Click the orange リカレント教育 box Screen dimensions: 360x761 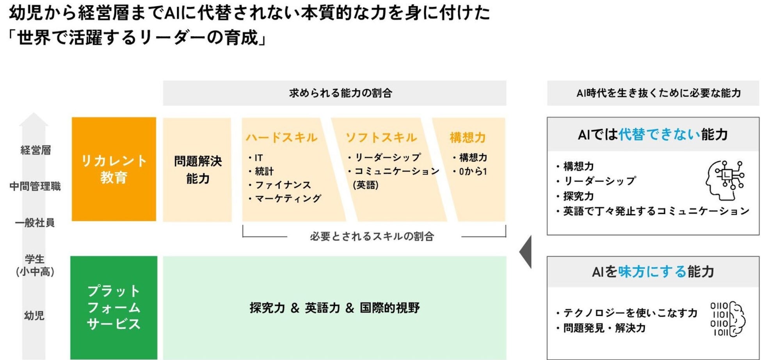tap(114, 169)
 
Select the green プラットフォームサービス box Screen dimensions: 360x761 tap(114, 307)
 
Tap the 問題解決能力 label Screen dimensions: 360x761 tap(197, 170)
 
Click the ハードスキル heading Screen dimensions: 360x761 tap(281, 137)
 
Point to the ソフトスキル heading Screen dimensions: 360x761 tap(381, 137)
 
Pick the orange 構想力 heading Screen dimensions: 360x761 tap(468, 137)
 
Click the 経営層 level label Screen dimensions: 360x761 tap(36, 150)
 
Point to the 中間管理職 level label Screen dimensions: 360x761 tap(35, 186)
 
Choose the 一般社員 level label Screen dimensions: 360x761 tap(35, 223)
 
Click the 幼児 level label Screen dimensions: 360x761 tap(34, 315)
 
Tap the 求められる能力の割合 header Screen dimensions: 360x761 tap(340, 93)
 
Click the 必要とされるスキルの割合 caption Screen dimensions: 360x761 tap(372, 236)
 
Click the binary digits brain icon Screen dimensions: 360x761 tap(727, 319)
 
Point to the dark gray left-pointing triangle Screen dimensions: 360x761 tap(526, 252)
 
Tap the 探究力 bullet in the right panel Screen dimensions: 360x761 tap(578, 196)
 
